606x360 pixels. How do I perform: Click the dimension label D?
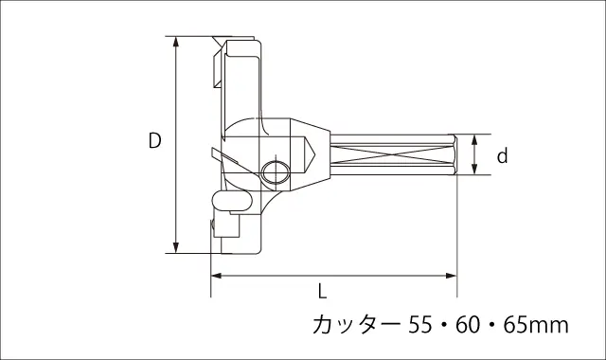pos(155,140)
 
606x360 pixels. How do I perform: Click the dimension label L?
pos(322,291)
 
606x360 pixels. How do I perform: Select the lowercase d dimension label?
pos(502,155)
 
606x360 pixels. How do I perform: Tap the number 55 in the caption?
pos(419,325)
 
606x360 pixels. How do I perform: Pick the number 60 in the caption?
pos(468,325)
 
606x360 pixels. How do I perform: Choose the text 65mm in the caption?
pos(536,325)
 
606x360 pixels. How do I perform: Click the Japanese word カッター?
pos(357,325)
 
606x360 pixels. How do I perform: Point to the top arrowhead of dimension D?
pos(176,42)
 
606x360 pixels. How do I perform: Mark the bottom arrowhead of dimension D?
pos(176,248)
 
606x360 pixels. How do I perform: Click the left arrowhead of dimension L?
pos(216,276)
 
